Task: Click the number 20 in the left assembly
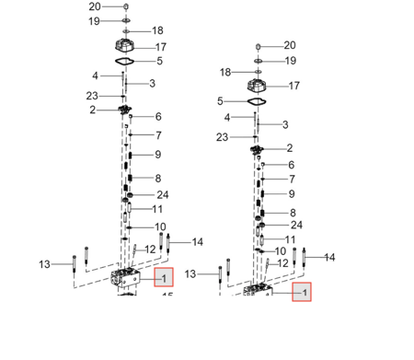click(x=95, y=6)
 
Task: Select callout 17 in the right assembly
click(x=294, y=86)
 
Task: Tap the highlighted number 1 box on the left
click(x=164, y=277)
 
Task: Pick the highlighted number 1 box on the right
click(x=302, y=292)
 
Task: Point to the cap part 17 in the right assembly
click(x=257, y=85)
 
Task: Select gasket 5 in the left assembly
click(x=124, y=62)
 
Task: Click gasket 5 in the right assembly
click(x=257, y=101)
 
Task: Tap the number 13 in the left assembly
click(x=44, y=264)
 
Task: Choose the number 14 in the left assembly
click(x=198, y=242)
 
